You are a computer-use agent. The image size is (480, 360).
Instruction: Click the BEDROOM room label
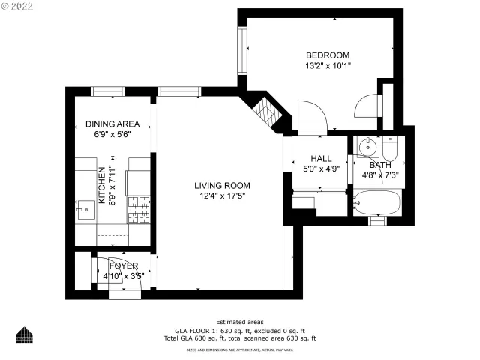pos(328,55)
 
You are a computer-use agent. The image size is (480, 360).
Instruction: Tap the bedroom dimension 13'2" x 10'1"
pos(328,66)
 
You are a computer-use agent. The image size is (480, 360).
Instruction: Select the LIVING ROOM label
pos(222,186)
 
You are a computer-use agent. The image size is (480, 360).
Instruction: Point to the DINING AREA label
pos(112,124)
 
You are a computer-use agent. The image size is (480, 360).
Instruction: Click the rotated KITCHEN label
pos(102,187)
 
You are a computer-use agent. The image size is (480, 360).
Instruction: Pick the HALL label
pos(321,158)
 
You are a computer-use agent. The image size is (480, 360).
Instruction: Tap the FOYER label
pos(123,265)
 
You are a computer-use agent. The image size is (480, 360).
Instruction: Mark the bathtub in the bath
pos(378,202)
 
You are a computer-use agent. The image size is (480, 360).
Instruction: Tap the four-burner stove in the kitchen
pos(138,210)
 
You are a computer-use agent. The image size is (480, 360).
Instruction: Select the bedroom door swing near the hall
pos(310,117)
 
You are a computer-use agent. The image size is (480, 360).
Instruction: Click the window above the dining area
pos(107,91)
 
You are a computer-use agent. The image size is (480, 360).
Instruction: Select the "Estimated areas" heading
pos(239,321)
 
